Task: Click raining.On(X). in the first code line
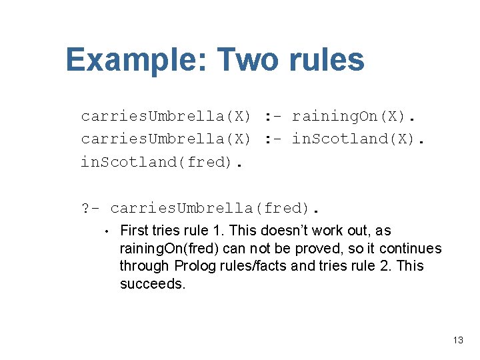tap(353, 116)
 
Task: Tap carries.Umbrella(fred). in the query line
tap(213, 208)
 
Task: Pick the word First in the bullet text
tap(134, 231)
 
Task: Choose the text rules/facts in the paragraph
tap(253, 266)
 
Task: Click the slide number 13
tap(457, 340)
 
